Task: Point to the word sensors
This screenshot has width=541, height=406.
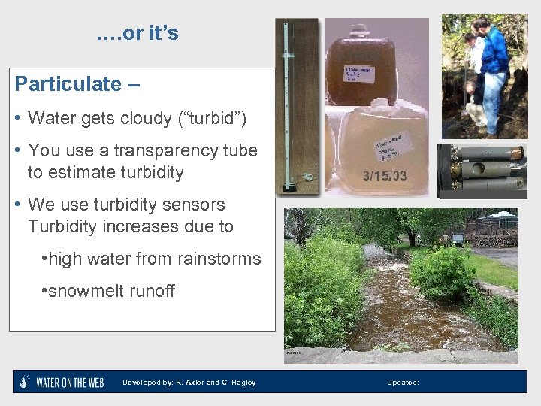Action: (x=194, y=205)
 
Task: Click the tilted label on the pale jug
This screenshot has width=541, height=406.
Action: (x=394, y=145)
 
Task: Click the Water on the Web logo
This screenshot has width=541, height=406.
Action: (x=59, y=382)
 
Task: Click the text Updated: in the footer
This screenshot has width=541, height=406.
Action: (x=403, y=383)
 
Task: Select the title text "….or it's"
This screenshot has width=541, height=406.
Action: (x=138, y=34)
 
